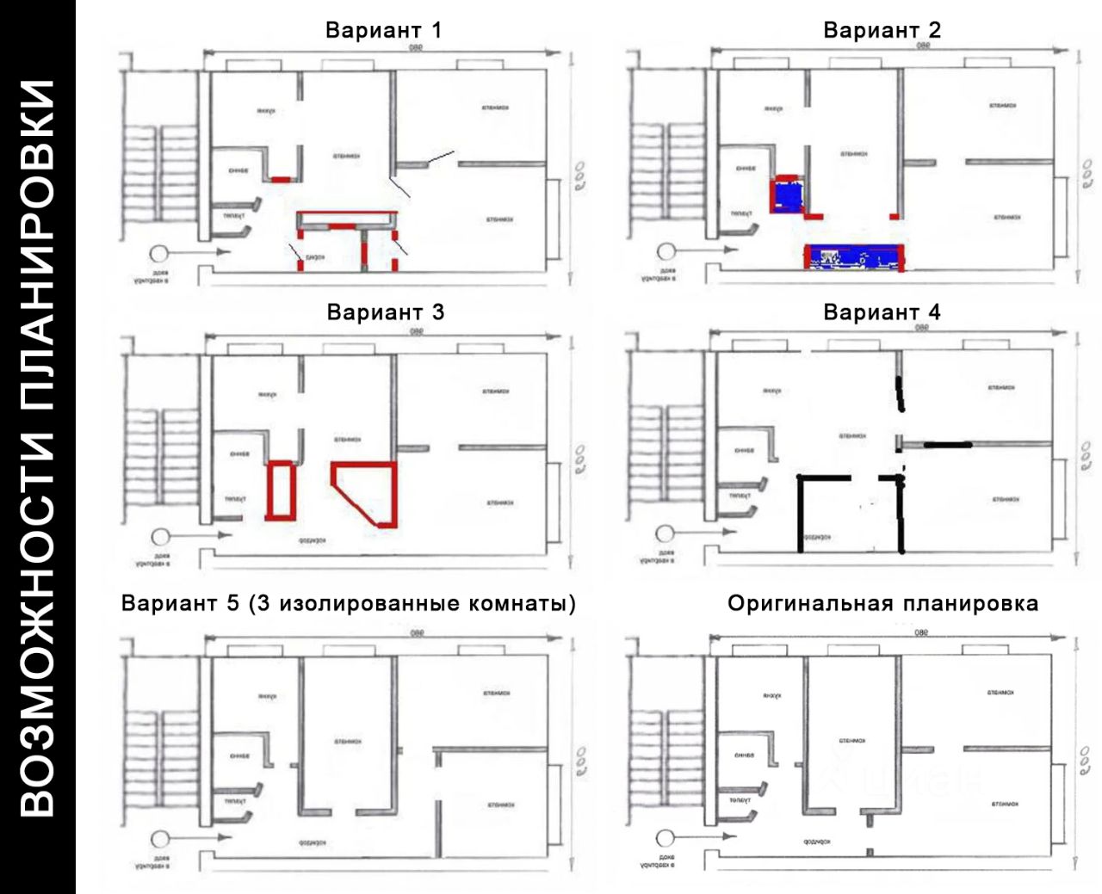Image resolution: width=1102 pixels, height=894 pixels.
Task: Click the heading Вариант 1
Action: [x=383, y=30]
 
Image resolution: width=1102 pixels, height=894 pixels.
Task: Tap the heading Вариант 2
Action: [x=882, y=30]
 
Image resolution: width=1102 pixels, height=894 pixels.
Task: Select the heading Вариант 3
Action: [x=385, y=311]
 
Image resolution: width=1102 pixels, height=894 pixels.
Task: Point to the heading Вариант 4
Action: [x=882, y=311]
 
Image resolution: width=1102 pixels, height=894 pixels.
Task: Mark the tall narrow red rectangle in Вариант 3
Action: [x=281, y=490]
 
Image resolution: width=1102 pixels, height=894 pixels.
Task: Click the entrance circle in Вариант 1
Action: [x=158, y=253]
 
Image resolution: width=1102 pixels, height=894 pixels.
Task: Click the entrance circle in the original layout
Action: [x=664, y=837]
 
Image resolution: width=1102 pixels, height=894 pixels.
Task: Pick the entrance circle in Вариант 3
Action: [x=158, y=536]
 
